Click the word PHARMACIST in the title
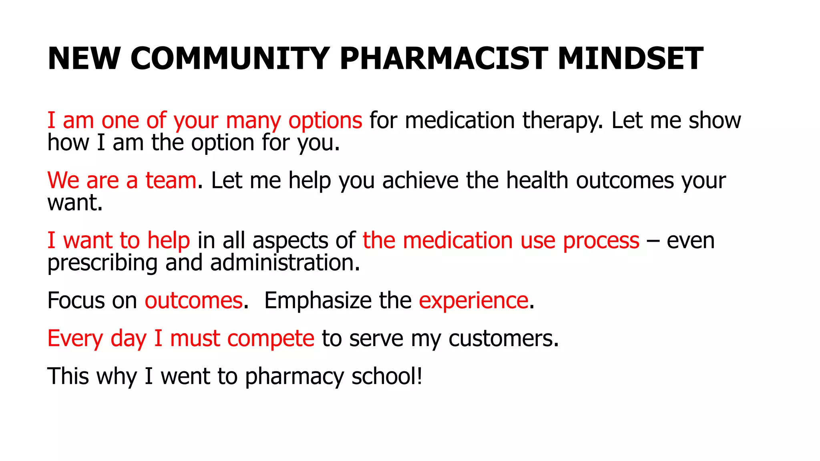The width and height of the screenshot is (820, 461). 444,58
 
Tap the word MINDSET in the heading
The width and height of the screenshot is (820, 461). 630,58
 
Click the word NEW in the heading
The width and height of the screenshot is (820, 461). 84,58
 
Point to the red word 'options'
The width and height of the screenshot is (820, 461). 325,121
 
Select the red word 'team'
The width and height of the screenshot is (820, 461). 171,180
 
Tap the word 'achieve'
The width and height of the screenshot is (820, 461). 420,180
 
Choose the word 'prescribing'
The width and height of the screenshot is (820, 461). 102,263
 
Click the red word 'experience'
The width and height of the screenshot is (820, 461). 473,301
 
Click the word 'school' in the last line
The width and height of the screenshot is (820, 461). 384,377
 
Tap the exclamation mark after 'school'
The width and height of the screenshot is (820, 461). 419,377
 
